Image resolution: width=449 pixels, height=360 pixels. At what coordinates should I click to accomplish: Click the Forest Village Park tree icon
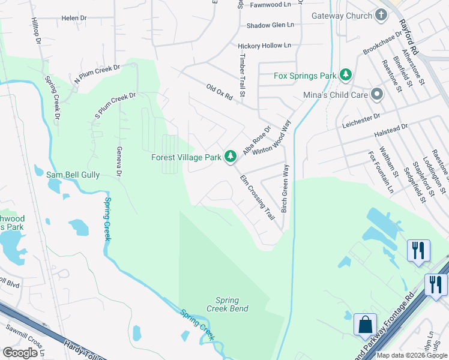click(x=230, y=157)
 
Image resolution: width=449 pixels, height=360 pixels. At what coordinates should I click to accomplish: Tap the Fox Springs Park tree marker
click(x=346, y=76)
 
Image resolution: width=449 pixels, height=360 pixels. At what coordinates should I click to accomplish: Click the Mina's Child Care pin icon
click(x=377, y=94)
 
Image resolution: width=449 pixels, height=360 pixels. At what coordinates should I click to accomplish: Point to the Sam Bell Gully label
click(x=73, y=175)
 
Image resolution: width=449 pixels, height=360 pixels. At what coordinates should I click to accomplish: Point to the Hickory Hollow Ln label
click(x=264, y=46)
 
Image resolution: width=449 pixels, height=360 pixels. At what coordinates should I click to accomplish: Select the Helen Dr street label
click(x=74, y=19)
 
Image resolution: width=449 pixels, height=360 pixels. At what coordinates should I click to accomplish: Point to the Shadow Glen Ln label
click(x=271, y=25)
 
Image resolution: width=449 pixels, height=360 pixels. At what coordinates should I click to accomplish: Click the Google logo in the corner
click(x=20, y=353)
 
